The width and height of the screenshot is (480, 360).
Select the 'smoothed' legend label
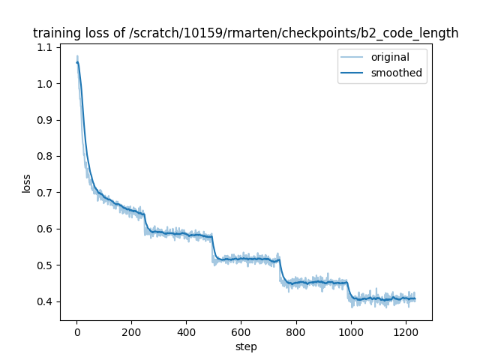point(396,73)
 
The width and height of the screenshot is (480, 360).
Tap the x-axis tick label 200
point(131,332)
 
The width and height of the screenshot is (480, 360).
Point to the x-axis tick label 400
point(186,332)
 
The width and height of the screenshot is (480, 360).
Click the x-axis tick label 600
point(241,332)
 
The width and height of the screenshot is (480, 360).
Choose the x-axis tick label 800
point(295,332)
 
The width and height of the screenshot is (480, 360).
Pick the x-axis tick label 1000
point(350,332)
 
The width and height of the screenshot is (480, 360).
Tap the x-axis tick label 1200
point(405,332)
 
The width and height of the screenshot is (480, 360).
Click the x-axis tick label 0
point(76,332)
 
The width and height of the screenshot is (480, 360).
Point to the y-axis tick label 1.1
point(45,47)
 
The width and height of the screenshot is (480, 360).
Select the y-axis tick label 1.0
point(45,84)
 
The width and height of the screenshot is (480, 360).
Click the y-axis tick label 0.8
point(45,156)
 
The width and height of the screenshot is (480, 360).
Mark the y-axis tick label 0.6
point(45,229)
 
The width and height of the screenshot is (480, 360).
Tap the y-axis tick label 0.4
point(45,301)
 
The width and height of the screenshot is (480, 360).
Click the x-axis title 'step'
point(246,347)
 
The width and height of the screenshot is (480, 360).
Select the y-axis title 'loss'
point(26,183)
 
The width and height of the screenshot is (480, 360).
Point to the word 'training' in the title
point(56,34)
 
